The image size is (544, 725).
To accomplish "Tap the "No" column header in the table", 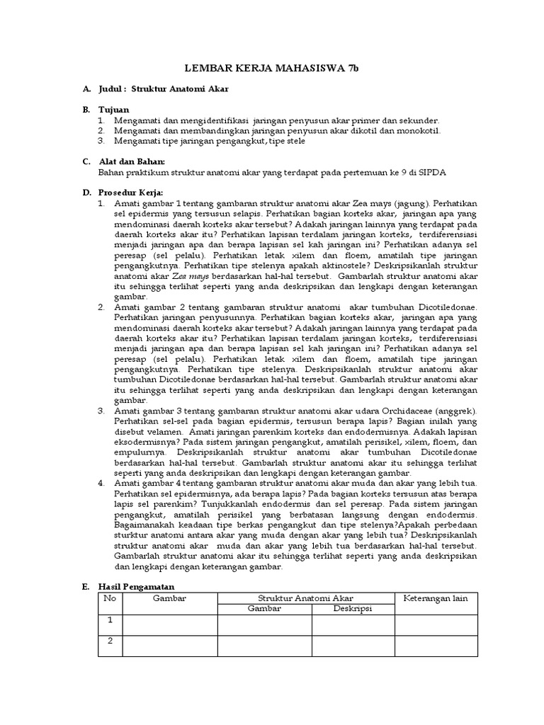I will tap(110, 599).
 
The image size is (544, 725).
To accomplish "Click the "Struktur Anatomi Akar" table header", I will tap(305, 599).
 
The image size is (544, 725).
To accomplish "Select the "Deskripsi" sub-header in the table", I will tap(353, 609).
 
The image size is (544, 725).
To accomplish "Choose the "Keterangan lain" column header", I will tap(436, 599).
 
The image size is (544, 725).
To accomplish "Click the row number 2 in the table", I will tap(110, 641).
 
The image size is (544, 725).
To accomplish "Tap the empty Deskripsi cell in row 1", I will tap(353, 625).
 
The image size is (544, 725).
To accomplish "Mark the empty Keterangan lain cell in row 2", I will tap(436, 646).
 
